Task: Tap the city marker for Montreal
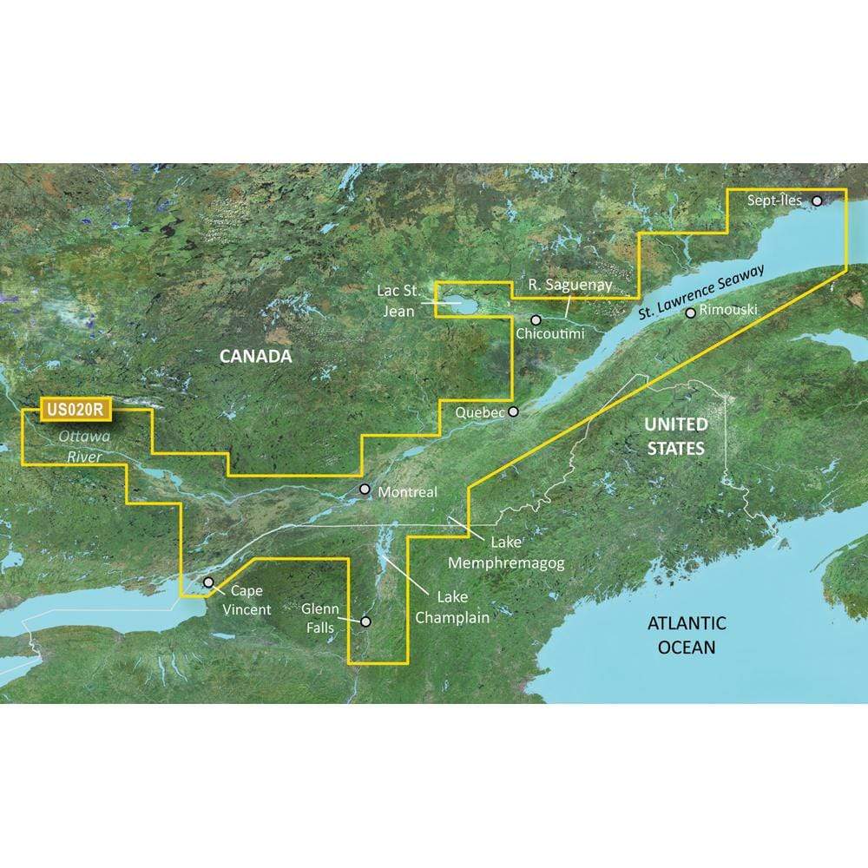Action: point(365,490)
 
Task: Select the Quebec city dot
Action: point(514,411)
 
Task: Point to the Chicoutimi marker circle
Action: point(536,319)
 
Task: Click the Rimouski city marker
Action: point(690,312)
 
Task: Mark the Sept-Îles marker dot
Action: point(817,201)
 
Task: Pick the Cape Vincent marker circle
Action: point(208,582)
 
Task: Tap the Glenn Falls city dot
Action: point(365,621)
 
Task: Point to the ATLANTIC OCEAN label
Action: point(686,635)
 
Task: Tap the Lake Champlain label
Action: point(450,608)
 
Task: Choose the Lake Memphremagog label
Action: point(506,553)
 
